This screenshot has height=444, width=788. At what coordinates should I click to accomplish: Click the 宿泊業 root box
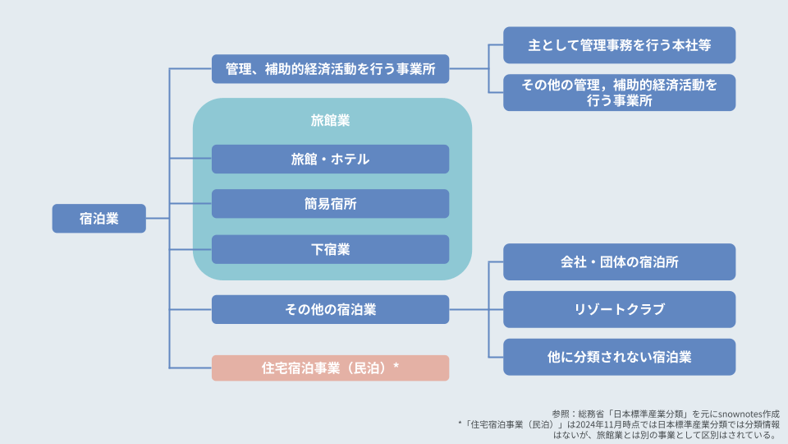pos(99,219)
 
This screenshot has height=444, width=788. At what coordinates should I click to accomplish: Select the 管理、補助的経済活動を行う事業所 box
pos(330,69)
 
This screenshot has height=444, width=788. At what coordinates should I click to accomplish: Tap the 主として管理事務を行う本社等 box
pos(619,45)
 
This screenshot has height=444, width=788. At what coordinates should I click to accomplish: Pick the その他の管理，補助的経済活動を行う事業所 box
pos(619,93)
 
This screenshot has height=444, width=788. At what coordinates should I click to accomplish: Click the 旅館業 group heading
pos(330,120)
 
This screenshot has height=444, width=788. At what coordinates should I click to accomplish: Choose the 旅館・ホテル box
pos(330,159)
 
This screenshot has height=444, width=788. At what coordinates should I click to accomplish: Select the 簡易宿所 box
pos(330,204)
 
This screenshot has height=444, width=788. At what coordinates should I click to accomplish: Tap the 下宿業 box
pos(330,249)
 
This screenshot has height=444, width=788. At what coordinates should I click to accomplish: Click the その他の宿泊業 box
pos(330,310)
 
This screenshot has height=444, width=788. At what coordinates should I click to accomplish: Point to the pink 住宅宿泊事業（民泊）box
pos(330,368)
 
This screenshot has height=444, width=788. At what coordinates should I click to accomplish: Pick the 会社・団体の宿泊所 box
pos(619,262)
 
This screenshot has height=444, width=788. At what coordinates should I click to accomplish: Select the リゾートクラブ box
pos(619,310)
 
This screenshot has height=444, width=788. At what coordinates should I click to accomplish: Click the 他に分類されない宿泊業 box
pos(619,357)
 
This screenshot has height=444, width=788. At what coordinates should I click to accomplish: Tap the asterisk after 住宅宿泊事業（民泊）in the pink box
pos(396,365)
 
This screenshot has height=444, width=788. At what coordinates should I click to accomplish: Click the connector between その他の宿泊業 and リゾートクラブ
pos(476,310)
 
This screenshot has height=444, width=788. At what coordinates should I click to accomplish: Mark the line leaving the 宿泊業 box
pos(158,219)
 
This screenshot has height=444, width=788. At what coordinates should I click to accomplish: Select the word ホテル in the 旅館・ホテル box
pos(350,159)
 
